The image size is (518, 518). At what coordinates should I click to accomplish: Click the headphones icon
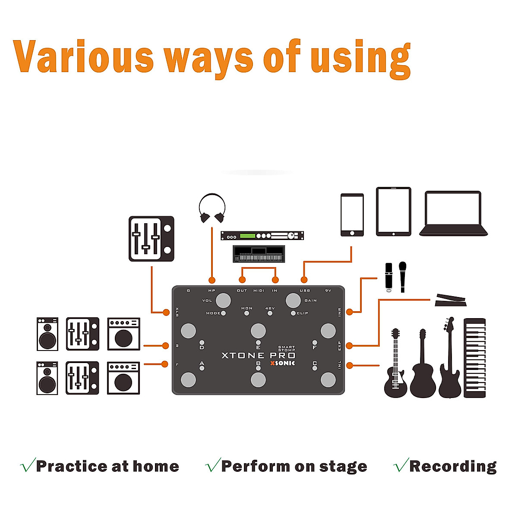[x=212, y=208]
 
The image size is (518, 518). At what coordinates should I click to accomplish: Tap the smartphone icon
[x=352, y=215]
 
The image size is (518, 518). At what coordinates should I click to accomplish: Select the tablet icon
[x=393, y=212]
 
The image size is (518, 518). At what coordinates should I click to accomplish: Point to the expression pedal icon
[x=451, y=300]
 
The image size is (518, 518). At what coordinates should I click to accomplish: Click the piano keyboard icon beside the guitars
[x=474, y=358]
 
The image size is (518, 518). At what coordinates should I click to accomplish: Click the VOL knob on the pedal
[x=223, y=300]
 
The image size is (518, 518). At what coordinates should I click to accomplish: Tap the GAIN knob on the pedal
[x=293, y=300]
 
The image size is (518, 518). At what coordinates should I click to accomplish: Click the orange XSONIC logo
[x=283, y=363]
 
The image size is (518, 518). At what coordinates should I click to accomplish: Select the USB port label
[x=305, y=291]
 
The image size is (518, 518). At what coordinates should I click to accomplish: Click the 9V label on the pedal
[x=328, y=291]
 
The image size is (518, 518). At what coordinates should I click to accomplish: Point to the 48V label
[x=270, y=308]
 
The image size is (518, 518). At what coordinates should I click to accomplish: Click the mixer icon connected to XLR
[x=152, y=239]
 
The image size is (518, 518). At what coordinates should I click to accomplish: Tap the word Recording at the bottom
[x=452, y=466]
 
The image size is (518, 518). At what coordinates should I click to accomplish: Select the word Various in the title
[x=83, y=57]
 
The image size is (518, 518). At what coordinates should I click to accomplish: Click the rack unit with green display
[x=262, y=236]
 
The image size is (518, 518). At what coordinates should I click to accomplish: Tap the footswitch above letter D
[x=188, y=331]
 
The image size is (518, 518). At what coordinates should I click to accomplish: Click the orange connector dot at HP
[x=212, y=280]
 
